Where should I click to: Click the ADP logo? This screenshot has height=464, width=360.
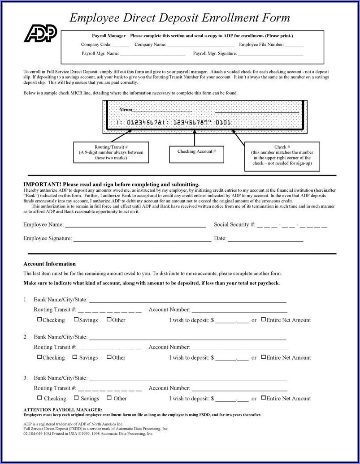[40, 34]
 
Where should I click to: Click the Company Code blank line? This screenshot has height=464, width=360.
[121, 46]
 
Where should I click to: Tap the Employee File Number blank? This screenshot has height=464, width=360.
[294, 46]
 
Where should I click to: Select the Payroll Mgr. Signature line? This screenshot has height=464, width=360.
[270, 55]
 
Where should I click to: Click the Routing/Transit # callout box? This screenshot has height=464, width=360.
[111, 152]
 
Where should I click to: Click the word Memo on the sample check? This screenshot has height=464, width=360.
[126, 109]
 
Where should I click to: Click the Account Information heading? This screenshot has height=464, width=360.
[49, 264]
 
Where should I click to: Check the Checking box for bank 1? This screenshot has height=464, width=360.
[39, 319]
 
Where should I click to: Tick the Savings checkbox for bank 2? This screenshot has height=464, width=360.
[76, 357]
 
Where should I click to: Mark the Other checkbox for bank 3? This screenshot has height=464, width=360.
[109, 398]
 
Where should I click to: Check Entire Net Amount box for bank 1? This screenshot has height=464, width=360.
[263, 319]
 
